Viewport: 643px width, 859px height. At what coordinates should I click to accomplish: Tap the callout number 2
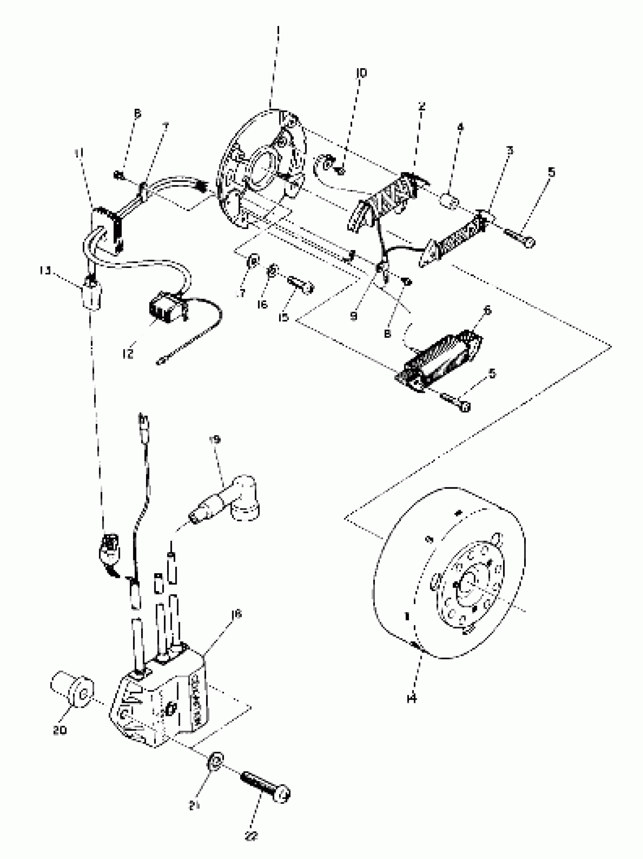coord(422,106)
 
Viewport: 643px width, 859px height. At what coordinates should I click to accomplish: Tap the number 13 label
coord(46,271)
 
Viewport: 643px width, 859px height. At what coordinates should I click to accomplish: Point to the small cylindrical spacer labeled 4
coord(450,202)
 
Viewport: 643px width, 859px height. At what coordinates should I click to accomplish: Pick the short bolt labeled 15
coord(301,285)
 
